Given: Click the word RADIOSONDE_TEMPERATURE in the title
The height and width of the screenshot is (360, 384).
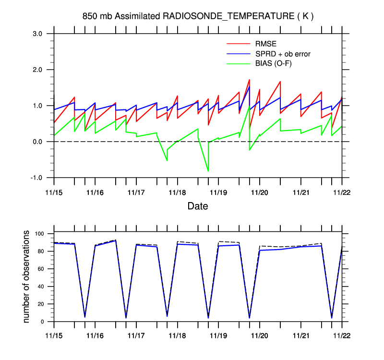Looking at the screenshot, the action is pyautogui.click(x=228, y=16).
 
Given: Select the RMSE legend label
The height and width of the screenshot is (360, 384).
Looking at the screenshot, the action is pyautogui.click(x=266, y=44).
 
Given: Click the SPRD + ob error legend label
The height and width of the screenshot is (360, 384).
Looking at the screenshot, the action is pyautogui.click(x=283, y=54).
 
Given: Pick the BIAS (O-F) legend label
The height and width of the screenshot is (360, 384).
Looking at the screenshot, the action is pyautogui.click(x=273, y=63).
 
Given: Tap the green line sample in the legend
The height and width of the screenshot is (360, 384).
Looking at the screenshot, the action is pyautogui.click(x=239, y=64).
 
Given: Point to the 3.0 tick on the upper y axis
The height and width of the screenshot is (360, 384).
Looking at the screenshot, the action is pyautogui.click(x=37, y=34).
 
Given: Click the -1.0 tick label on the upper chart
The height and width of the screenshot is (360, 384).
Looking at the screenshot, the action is pyautogui.click(x=36, y=178).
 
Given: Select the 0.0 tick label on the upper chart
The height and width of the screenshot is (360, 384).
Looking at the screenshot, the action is pyautogui.click(x=37, y=142).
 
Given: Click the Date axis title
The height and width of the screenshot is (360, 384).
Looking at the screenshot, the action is pyautogui.click(x=198, y=206).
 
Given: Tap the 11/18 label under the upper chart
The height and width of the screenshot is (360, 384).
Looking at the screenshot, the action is pyautogui.click(x=177, y=193).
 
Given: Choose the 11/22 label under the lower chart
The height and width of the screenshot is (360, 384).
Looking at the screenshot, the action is pyautogui.click(x=342, y=336).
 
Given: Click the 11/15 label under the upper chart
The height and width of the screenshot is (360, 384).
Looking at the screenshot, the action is pyautogui.click(x=54, y=193).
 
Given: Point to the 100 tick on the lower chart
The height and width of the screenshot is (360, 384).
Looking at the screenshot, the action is pyautogui.click(x=39, y=234).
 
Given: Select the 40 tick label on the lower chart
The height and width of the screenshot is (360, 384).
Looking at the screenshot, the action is pyautogui.click(x=41, y=286).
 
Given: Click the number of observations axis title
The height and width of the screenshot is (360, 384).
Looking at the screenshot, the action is pyautogui.click(x=26, y=276).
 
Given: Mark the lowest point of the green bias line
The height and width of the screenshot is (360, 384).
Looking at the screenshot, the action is pyautogui.click(x=208, y=171).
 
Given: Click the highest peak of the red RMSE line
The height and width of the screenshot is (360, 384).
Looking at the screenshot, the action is pyautogui.click(x=249, y=80).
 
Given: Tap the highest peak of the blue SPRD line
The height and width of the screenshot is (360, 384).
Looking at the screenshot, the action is pyautogui.click(x=249, y=86).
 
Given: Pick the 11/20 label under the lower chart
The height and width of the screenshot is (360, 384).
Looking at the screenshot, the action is pyautogui.click(x=259, y=336).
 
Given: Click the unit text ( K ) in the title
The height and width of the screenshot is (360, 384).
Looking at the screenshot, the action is pyautogui.click(x=306, y=16).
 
